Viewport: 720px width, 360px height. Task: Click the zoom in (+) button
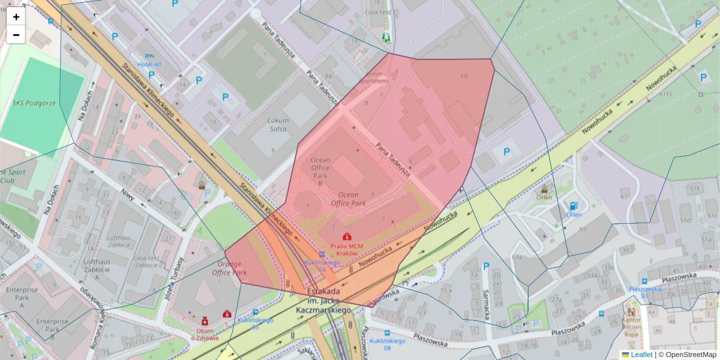click(16, 17)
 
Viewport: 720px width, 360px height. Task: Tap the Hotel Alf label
click(149, 65)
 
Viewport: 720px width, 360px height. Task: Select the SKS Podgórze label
click(34, 103)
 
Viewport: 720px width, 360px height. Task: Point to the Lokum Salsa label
click(278, 124)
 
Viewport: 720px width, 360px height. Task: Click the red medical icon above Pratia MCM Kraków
click(347, 237)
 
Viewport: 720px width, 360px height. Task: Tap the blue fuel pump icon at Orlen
click(574, 206)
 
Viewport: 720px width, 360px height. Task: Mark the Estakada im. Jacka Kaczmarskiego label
click(323, 302)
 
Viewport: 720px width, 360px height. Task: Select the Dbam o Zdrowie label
click(205, 334)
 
